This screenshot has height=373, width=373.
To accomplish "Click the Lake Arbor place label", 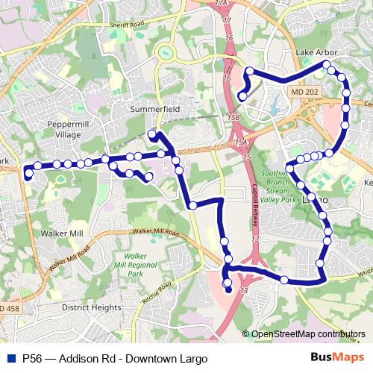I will point(316,53).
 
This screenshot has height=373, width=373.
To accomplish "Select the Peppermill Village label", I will point(68,129).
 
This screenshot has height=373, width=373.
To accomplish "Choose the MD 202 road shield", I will point(299,90).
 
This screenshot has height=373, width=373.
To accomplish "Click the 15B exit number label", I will point(233,117).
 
